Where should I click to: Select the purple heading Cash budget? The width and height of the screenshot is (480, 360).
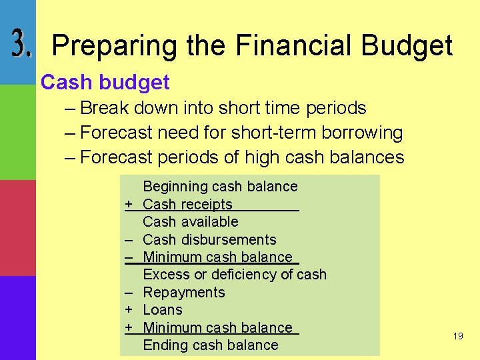[105, 83]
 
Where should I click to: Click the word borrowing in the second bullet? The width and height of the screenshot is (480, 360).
[362, 133]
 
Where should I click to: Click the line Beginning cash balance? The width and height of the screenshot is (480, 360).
[220, 187]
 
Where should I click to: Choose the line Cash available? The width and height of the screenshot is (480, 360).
[190, 222]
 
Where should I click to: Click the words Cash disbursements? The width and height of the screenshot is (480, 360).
[209, 239]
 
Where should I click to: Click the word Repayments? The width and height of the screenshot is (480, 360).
[184, 293]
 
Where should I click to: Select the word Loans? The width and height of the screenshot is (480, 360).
[163, 310]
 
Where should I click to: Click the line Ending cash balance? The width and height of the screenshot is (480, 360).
[210, 345]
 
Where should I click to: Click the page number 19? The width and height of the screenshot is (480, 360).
[457, 337]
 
